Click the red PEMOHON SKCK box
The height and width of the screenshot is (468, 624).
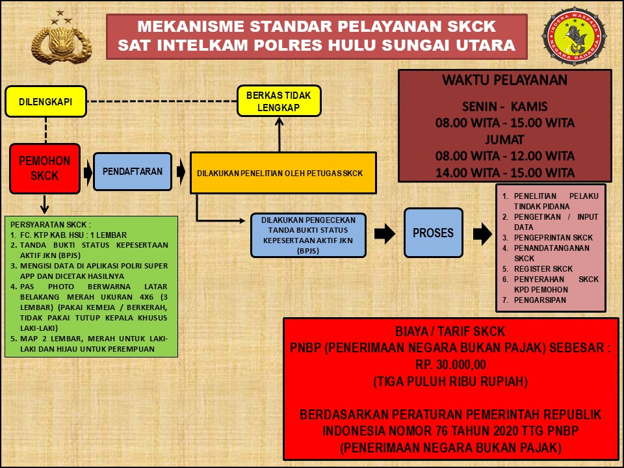45,168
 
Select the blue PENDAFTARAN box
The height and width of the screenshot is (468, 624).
132,172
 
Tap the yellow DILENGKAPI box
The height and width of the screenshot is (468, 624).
45,101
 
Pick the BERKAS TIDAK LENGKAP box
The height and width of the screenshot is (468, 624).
278,101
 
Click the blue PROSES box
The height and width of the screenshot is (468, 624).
433,233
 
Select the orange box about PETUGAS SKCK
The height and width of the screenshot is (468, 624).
283,173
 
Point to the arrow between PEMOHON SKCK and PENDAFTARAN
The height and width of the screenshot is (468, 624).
87,172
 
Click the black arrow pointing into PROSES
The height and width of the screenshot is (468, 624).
385,233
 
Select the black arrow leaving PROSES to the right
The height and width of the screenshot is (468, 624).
482,233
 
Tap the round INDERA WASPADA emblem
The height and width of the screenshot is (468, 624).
574,35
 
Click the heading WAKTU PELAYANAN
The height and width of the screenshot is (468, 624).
505,81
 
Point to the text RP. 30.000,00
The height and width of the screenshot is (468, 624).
450,364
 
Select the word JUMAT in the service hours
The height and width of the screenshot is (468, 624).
504,139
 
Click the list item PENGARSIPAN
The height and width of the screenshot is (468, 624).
539,300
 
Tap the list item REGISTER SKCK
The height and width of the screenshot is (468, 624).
543,268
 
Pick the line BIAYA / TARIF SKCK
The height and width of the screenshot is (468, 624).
450,331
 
